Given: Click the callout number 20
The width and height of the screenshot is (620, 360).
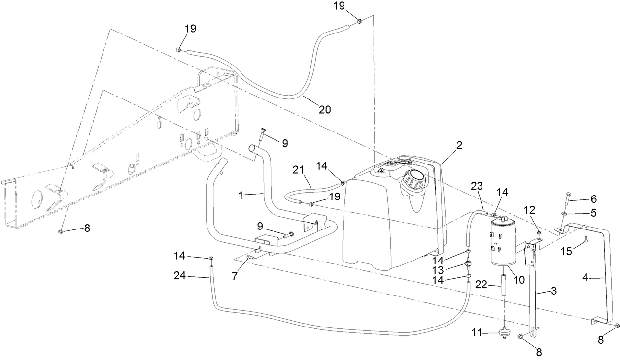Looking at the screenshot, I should (x=324, y=109).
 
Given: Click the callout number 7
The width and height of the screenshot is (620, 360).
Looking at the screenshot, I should (x=235, y=277).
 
